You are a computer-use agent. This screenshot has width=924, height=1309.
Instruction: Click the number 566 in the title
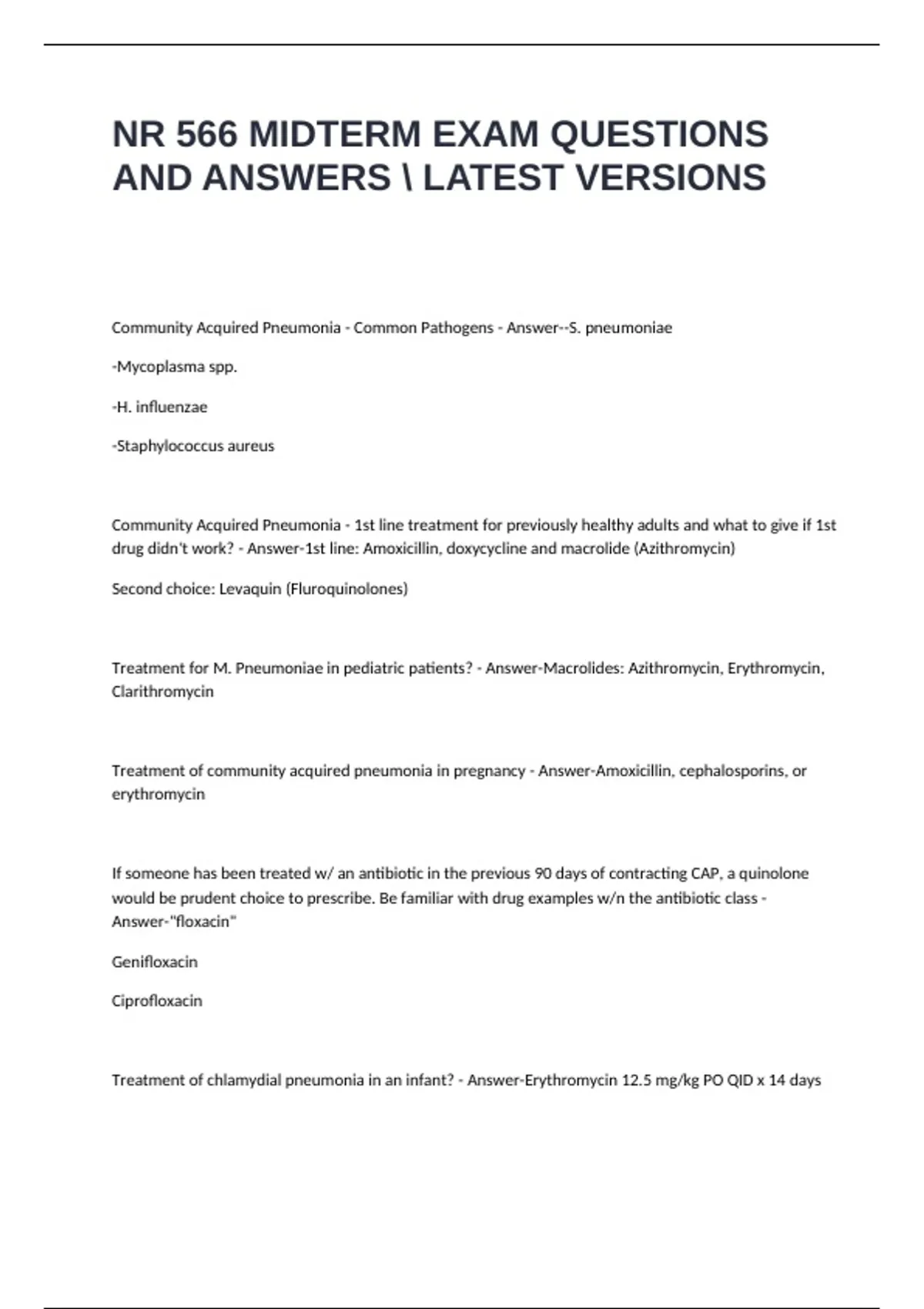click(206, 135)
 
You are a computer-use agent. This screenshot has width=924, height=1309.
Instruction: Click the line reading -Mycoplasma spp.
click(175, 367)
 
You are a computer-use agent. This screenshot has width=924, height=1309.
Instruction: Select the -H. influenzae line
click(160, 407)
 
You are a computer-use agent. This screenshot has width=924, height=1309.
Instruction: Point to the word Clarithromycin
click(162, 691)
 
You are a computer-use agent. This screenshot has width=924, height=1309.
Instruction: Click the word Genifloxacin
click(155, 962)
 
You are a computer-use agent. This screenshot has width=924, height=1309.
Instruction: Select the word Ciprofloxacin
click(157, 1002)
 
